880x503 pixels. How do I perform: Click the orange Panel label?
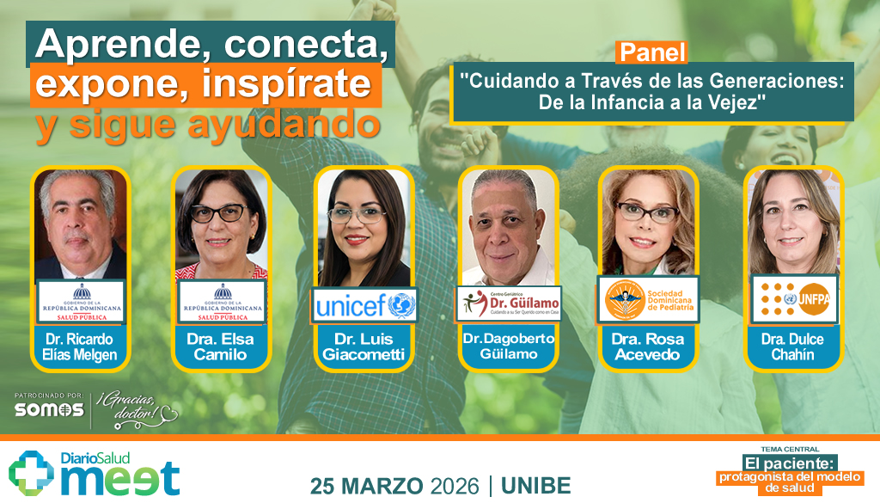click(651, 52)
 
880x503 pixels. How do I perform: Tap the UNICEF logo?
click(365, 304)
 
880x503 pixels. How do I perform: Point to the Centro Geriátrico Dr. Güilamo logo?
click(509, 304)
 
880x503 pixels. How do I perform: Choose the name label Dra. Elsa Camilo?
click(223, 347)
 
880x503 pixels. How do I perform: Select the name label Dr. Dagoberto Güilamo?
click(509, 347)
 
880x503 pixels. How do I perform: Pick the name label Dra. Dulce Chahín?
click(792, 347)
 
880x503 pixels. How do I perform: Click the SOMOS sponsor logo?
click(49, 410)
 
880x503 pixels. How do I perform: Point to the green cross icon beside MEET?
click(32, 474)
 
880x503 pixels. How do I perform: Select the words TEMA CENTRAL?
click(790, 449)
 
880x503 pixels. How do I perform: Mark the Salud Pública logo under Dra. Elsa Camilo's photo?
click(223, 302)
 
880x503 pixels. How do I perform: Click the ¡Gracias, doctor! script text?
click(137, 408)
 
